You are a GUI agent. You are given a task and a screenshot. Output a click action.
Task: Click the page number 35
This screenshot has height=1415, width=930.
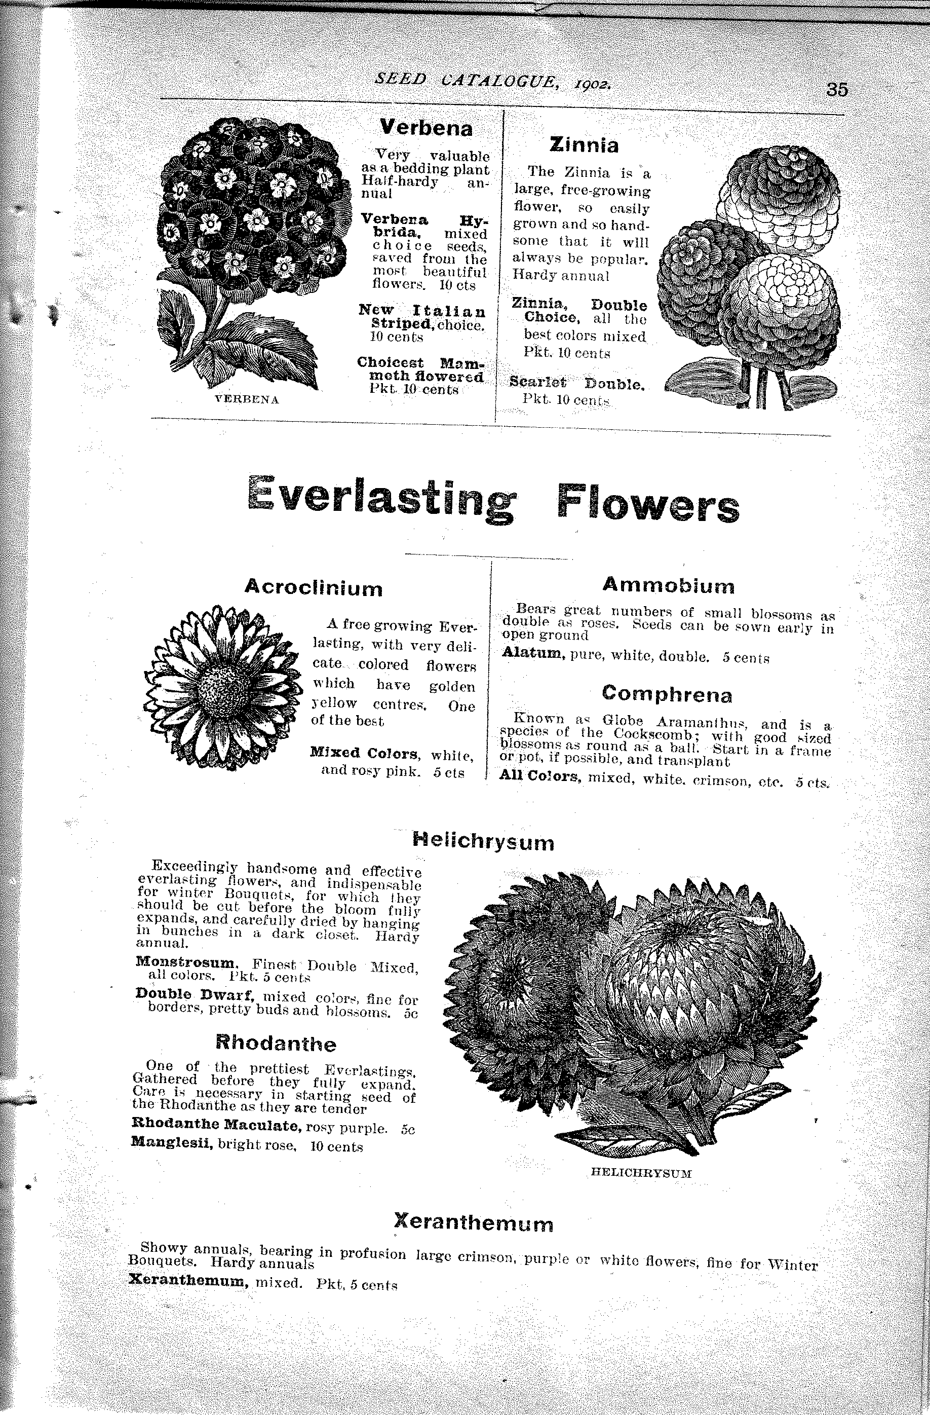point(836,89)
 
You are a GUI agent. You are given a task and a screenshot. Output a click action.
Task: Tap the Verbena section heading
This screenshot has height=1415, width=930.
point(426,127)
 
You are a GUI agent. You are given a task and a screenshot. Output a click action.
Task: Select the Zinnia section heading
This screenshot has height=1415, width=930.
point(584,144)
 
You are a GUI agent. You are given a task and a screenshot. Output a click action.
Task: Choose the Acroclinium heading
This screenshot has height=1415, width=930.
point(313,587)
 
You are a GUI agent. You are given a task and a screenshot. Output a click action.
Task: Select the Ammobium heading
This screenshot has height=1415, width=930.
point(669,585)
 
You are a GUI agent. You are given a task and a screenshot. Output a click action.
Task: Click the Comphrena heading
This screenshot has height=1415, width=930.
point(667,694)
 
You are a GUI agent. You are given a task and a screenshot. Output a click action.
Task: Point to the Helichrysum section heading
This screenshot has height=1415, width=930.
point(483,842)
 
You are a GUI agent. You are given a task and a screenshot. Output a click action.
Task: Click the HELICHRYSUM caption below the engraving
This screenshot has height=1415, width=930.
point(641,1173)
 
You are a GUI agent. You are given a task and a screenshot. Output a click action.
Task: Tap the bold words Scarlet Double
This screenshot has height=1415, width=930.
point(577,384)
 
